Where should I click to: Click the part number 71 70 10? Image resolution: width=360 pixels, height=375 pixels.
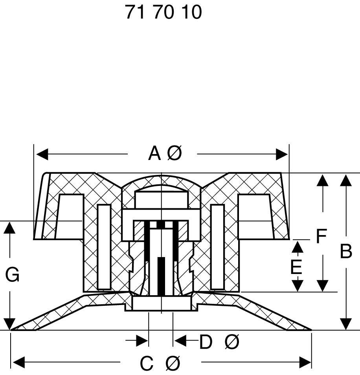pyautogui.click(x=163, y=12)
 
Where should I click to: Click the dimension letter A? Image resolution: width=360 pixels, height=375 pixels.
pyautogui.click(x=154, y=154)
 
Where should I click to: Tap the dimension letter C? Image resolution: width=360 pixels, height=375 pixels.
pyautogui.click(x=147, y=364)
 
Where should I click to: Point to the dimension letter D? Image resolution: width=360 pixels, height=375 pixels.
pyautogui.click(x=206, y=342)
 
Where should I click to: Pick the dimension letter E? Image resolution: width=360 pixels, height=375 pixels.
pyautogui.click(x=296, y=267)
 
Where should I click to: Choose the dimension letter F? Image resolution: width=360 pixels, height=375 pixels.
pyautogui.click(x=321, y=237)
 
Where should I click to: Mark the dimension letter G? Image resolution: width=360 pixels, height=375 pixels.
pyautogui.click(x=12, y=275)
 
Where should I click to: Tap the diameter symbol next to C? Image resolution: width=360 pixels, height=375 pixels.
pyautogui.click(x=173, y=364)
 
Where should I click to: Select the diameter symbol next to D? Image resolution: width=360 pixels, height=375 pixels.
pyautogui.click(x=232, y=342)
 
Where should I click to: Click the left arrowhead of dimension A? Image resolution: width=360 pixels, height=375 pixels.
pyautogui.click(x=42, y=154)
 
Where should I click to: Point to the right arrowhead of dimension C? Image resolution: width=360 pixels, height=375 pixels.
pyautogui.click(x=305, y=362)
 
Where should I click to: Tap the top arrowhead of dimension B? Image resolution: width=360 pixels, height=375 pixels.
pyautogui.click(x=346, y=181)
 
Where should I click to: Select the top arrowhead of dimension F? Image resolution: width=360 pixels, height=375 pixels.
pyautogui.click(x=322, y=181)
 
